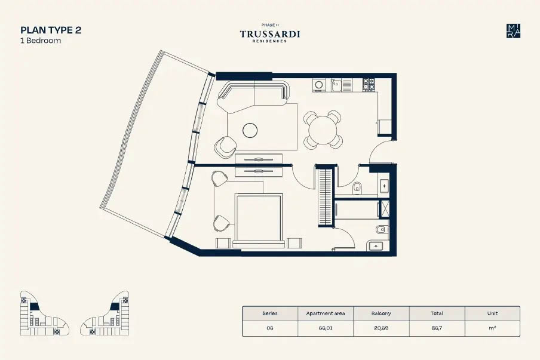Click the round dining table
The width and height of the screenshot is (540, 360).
point(323,129)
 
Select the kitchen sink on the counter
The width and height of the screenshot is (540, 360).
point(336,85)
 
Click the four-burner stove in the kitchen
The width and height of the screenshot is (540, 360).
point(369,85)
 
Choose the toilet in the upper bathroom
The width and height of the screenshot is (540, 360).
point(358,187)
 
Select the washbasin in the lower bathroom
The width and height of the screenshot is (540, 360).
point(376,245)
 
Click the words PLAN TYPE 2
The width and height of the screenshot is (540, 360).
point(51,30)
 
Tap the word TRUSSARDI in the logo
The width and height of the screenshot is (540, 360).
point(270,34)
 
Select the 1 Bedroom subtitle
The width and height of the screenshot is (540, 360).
point(41,41)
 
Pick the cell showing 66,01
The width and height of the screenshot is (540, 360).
point(326,328)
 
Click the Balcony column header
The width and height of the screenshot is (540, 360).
point(381,313)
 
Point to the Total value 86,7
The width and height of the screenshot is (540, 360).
point(437,328)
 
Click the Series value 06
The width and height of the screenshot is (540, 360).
point(270,328)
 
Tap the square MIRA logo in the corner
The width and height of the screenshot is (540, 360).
point(513,31)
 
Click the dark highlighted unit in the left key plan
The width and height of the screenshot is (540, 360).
point(34,306)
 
